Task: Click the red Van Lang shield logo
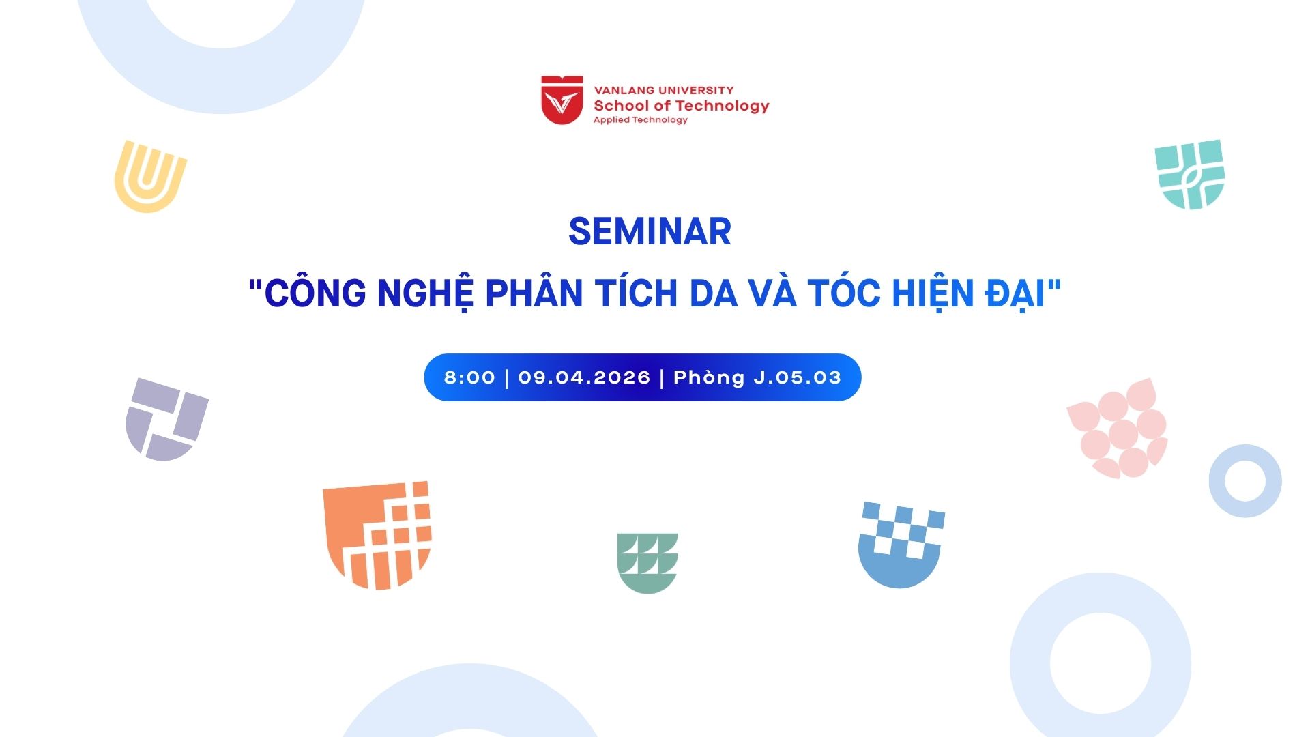(562, 100)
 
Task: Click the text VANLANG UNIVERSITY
(664, 90)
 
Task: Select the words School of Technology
(681, 106)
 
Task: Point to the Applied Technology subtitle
(640, 120)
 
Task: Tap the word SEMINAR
(650, 231)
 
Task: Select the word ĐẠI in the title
(1016, 293)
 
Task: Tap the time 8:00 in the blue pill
(469, 377)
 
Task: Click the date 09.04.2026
(584, 377)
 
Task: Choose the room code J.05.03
(798, 377)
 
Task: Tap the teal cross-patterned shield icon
(1190, 175)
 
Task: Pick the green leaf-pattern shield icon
(647, 563)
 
